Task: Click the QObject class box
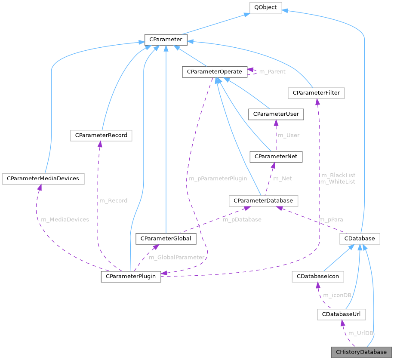pos(266,7)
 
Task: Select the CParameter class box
pos(166,40)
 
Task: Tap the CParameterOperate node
pos(214,72)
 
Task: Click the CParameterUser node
pos(276,114)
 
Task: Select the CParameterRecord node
pos(101,135)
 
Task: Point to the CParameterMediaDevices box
pos(43,178)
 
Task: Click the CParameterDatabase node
pos(263,200)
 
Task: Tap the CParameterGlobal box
pos(166,238)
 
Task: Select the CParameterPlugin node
pos(131,276)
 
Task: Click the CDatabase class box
pos(360,238)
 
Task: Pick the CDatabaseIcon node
pos(317,277)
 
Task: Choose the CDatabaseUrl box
pos(341,314)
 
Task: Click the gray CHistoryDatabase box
pos(361,352)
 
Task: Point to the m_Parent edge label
pos(272,71)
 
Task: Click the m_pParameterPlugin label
pos(218,178)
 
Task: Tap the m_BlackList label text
pos(338,175)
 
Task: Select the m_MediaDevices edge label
pos(65,219)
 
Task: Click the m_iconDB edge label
pos(337,295)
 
